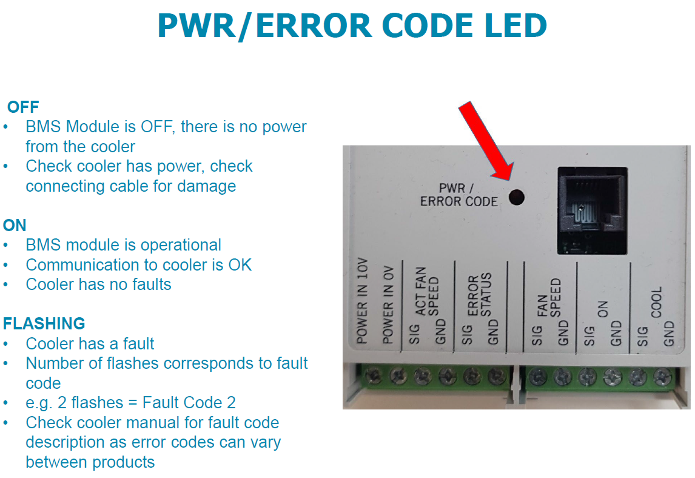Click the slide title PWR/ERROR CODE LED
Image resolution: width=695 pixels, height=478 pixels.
tap(352, 26)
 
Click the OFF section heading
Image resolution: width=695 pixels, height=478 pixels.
tap(23, 107)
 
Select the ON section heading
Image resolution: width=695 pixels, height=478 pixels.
tap(15, 226)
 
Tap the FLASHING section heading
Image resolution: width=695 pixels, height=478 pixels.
tap(44, 323)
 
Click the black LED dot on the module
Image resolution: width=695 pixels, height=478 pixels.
tap(517, 197)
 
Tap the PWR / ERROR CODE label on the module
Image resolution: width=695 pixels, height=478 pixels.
tap(459, 194)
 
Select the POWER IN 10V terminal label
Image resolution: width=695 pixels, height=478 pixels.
tap(363, 304)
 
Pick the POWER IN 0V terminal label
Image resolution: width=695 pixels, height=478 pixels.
tap(389, 307)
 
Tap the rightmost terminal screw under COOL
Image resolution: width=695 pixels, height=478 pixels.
tap(661, 377)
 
